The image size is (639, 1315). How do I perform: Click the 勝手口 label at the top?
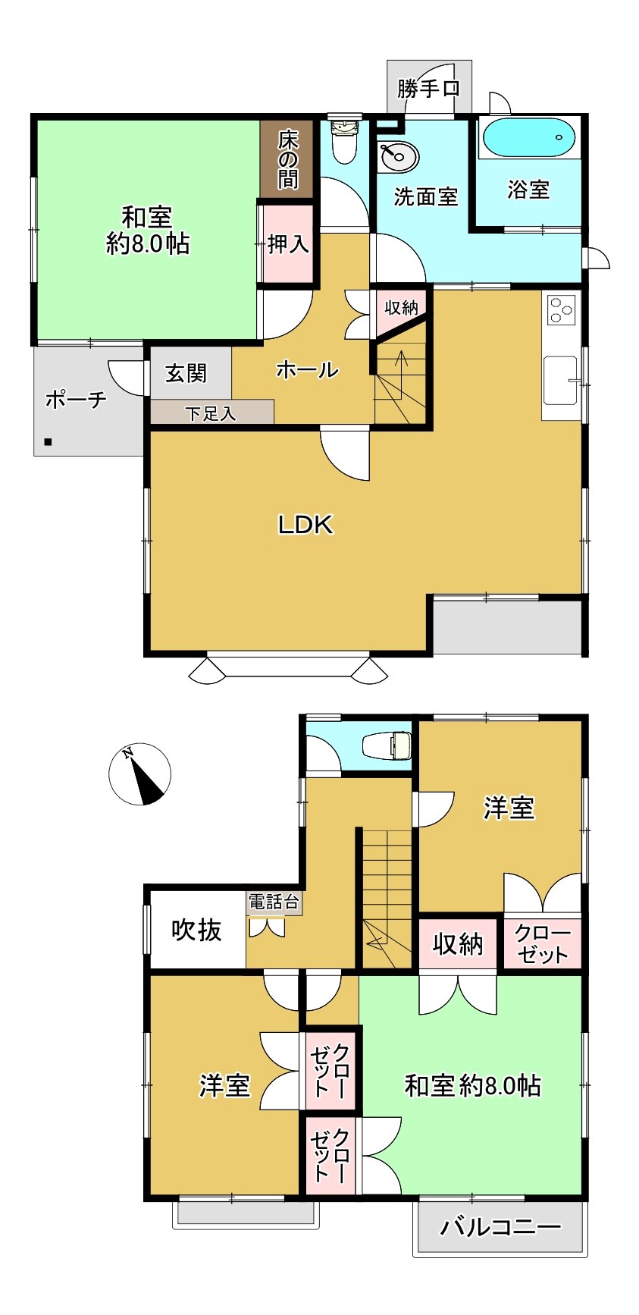pyautogui.click(x=428, y=89)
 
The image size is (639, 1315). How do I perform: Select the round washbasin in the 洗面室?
pyautogui.click(x=399, y=157)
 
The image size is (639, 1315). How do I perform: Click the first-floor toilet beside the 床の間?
pyautogui.click(x=345, y=140)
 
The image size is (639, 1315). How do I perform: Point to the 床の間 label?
pyautogui.click(x=288, y=159)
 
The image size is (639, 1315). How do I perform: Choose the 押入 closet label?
pyautogui.click(x=288, y=243)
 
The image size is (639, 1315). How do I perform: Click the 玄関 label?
pyautogui.click(x=186, y=373)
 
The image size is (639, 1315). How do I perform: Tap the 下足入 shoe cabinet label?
pyautogui.click(x=211, y=413)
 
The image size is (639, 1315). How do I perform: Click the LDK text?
pyautogui.click(x=305, y=524)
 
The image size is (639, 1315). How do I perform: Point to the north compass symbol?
pyautogui.click(x=139, y=774)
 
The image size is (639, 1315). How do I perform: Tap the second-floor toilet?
pyautogui.click(x=387, y=745)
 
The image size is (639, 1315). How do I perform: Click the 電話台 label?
pyautogui.click(x=274, y=902)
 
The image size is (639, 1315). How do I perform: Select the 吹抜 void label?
pyautogui.click(x=197, y=930)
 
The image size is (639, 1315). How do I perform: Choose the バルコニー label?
pyautogui.click(x=501, y=1226)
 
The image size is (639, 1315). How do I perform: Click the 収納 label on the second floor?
pyautogui.click(x=458, y=944)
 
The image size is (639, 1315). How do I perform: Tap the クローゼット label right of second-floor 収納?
pyautogui.click(x=542, y=943)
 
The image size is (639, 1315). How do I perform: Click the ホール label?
pyautogui.click(x=307, y=370)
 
